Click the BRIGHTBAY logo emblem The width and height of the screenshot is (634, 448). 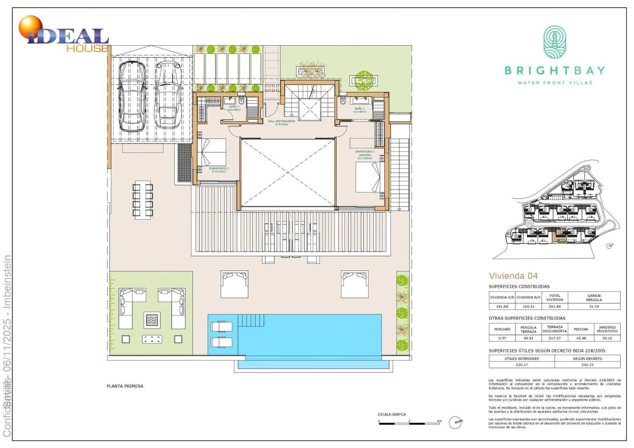(x=554, y=42)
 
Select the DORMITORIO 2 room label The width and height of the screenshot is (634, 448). (x=219, y=170)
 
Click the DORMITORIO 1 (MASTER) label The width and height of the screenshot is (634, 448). (x=365, y=155)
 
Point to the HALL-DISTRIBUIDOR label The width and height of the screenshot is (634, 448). (x=281, y=123)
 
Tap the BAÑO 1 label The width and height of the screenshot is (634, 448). (x=360, y=110)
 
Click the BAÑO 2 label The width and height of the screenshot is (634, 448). (x=234, y=108)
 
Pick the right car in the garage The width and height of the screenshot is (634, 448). (x=168, y=95)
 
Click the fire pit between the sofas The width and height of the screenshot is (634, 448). (x=152, y=320)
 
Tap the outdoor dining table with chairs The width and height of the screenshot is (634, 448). (x=143, y=200)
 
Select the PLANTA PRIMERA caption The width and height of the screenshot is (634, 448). (x=125, y=386)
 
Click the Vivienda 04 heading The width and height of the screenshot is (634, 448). (x=513, y=276)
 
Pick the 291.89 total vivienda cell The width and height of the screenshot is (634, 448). (x=554, y=306)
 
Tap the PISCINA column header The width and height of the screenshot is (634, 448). (x=581, y=329)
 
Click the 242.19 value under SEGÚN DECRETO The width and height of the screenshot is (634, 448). (x=587, y=365)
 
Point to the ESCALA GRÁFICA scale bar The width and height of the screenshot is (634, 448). (x=410, y=424)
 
